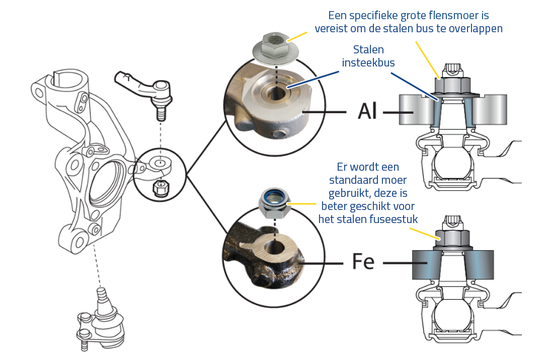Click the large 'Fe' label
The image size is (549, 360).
(x=363, y=262)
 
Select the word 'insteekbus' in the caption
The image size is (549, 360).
(x=368, y=62)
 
